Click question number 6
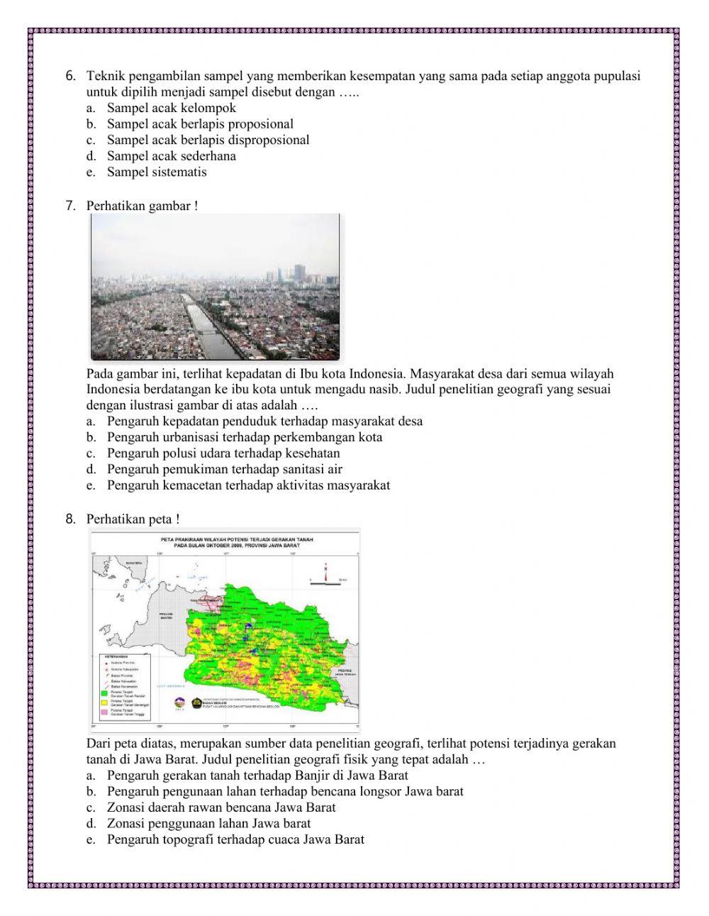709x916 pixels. pos(69,77)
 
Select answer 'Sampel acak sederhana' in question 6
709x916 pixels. pos(171,156)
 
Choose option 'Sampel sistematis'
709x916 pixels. pos(157,172)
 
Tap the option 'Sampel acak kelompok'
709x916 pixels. pos(171,108)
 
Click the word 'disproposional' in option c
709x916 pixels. pos(270,140)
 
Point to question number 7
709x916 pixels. pos(69,206)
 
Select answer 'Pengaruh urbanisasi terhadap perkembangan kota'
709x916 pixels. pos(244,437)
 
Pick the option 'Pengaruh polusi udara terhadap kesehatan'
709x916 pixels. pos(223,453)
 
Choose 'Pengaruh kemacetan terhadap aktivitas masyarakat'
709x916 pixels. pos(248,485)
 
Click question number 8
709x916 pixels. pos(69,519)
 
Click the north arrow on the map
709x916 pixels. pos(325,571)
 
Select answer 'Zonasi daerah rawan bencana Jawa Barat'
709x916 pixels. pos(221,807)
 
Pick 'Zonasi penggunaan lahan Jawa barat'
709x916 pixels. pos(208,824)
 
